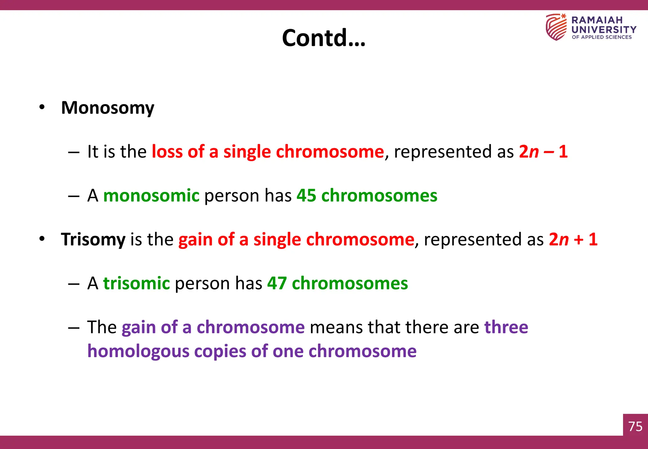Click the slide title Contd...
[x=323, y=38]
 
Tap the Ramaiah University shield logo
[x=556, y=27]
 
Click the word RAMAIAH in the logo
[x=597, y=20]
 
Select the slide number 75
[x=635, y=427]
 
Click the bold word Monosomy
[x=108, y=108]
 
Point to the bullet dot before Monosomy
[x=42, y=107]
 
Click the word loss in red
[x=167, y=151]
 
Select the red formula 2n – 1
[x=543, y=151]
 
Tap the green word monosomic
[x=151, y=195]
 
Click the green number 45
[x=306, y=195]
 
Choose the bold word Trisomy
[x=93, y=239]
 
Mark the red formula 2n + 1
[x=573, y=239]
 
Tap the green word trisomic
[x=137, y=283]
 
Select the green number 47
[x=277, y=283]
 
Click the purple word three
[x=506, y=327]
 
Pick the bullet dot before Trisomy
[x=42, y=239]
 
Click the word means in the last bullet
[x=336, y=327]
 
